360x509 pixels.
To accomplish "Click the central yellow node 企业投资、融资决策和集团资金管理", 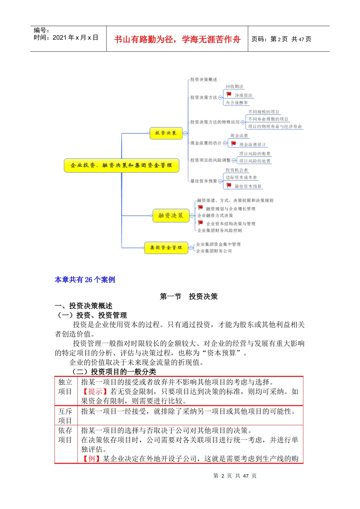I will [121, 166].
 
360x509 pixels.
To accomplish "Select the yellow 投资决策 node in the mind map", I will [166, 133].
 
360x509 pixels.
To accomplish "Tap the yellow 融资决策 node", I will [171, 215].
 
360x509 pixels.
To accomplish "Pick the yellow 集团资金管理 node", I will [166, 248].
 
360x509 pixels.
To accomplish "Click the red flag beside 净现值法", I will [229, 94].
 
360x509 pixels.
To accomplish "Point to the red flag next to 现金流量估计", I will [233, 144].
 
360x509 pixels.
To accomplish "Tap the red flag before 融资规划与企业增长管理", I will [200, 208].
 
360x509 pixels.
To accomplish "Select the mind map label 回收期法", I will [235, 87].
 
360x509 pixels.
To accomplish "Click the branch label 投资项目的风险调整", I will [210, 160].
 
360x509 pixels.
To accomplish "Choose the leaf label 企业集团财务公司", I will [214, 251].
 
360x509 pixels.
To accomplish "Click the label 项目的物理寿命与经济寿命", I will [275, 126].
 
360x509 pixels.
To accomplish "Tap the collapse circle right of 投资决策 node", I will [185, 133].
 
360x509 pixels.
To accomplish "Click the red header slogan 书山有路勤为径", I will [177, 39].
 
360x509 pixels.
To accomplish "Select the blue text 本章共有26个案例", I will [85, 280].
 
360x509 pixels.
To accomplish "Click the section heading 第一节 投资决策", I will [189, 297].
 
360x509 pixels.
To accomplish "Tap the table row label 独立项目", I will [65, 387].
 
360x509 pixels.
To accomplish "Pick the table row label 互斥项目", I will [65, 416].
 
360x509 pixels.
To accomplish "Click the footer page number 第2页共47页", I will [235, 476].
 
